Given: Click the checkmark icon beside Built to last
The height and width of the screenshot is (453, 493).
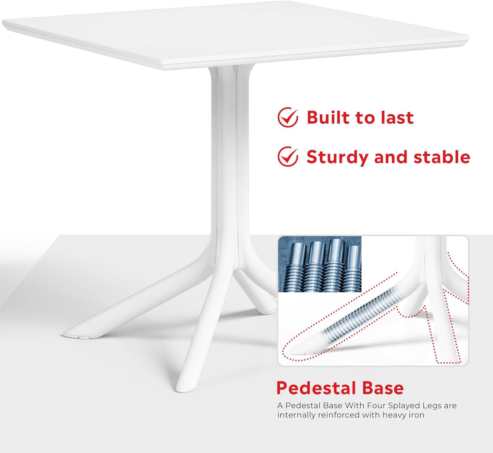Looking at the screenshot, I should tap(288, 117).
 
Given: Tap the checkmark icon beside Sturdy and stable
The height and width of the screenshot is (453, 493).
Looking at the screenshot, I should tap(288, 157).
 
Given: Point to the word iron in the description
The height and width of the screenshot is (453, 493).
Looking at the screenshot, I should tap(416, 415).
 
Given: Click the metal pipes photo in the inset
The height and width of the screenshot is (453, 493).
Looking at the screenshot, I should tap(320, 264).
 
